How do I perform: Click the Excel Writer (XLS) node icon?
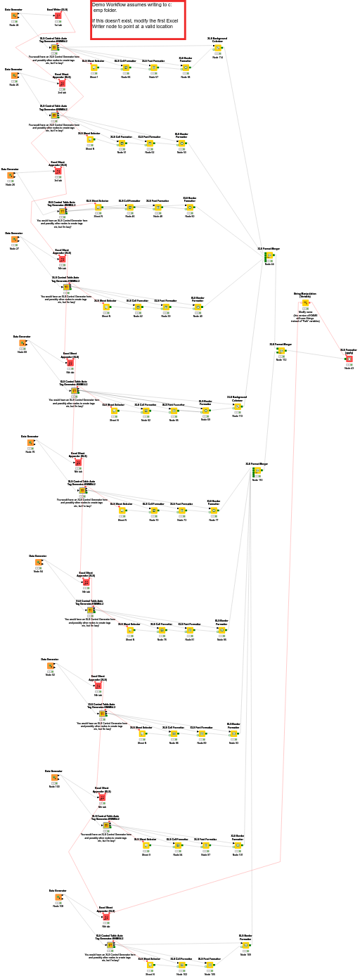pyautogui.click(x=58, y=15)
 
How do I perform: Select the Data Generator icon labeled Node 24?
pyautogui.click(x=14, y=15)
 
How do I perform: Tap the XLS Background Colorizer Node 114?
pyautogui.click(x=218, y=49)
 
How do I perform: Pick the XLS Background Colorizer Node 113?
pyautogui.click(x=238, y=406)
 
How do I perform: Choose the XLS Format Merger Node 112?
pyautogui.click(x=281, y=350)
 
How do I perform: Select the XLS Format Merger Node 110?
pyautogui.click(x=257, y=471)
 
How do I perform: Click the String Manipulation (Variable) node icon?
pyautogui.click(x=305, y=303)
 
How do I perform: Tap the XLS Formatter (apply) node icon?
pyautogui.click(x=349, y=359)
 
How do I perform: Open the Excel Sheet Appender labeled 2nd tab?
pyautogui.click(x=62, y=83)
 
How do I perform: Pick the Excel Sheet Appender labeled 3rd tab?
pyautogui.click(x=58, y=171)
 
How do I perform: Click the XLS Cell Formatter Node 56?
pyautogui.click(x=125, y=68)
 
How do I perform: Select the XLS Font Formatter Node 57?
pyautogui.click(x=153, y=68)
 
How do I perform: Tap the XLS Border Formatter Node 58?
pyautogui.click(x=186, y=68)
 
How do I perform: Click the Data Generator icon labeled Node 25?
pyautogui.click(x=14, y=76)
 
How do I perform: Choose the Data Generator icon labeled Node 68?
pyautogui.click(x=22, y=343)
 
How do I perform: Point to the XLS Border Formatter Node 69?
pyautogui.click(x=205, y=411)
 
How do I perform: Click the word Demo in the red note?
pyautogui.click(x=98, y=5)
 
